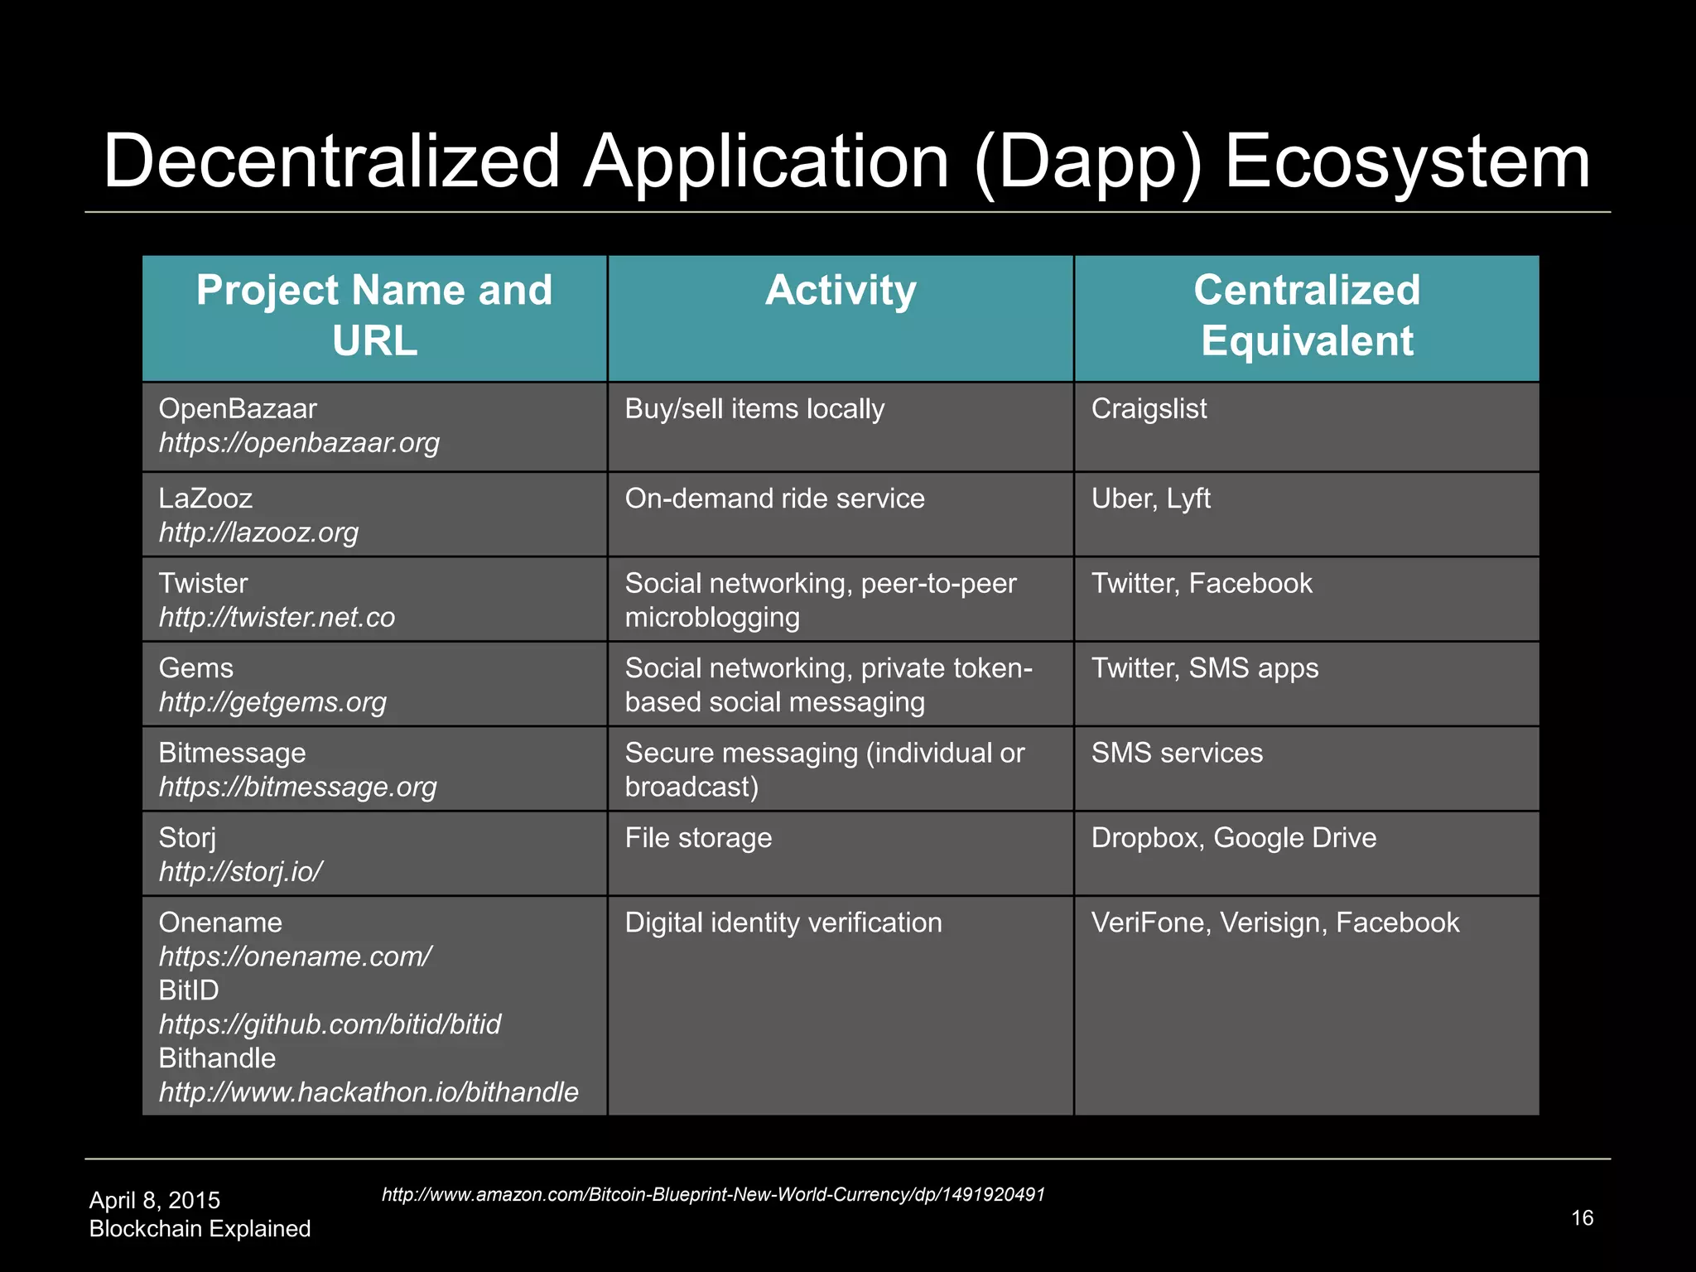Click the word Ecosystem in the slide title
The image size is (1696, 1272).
tap(1406, 162)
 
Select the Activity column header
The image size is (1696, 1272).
tap(840, 291)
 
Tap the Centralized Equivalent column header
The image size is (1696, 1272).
tap(1306, 316)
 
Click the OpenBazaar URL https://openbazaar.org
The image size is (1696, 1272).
tap(299, 443)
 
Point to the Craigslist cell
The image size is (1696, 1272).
tap(1149, 409)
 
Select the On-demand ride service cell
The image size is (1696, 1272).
tap(774, 499)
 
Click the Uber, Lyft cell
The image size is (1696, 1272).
tap(1150, 499)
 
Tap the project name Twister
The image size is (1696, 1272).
tap(203, 583)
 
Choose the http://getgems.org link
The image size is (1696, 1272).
tap(272, 702)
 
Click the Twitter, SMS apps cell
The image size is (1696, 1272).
tap(1204, 668)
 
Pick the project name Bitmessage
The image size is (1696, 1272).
tap(232, 753)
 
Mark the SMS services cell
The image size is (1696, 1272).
tap(1177, 753)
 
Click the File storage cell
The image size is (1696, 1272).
tap(698, 838)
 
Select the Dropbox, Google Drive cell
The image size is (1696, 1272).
tap(1233, 838)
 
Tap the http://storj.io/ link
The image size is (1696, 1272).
tap(240, 872)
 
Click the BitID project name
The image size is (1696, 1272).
tap(189, 990)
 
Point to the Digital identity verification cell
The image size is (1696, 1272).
tap(783, 923)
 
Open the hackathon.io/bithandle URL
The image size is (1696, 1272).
tap(369, 1092)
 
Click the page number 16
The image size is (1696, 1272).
tap(1582, 1218)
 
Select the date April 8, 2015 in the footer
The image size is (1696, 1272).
tap(155, 1200)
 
